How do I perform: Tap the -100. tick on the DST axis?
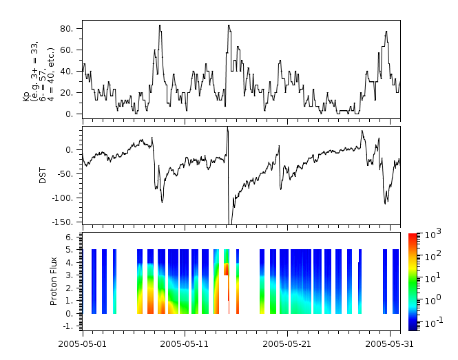(x=67, y=198)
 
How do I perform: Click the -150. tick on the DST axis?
(x=67, y=222)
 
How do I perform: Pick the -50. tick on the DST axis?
(x=67, y=173)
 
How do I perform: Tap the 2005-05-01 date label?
(x=83, y=343)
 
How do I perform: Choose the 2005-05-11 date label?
(x=185, y=343)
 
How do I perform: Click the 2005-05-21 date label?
(x=287, y=343)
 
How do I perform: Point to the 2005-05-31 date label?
(x=389, y=343)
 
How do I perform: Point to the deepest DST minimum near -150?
(x=230, y=224)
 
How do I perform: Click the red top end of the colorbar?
(x=413, y=236)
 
